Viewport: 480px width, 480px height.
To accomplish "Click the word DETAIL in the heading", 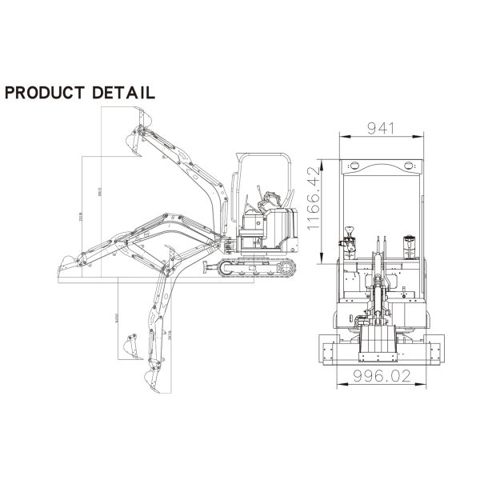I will tap(124, 93).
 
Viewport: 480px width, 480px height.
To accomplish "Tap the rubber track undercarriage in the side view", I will tap(258, 269).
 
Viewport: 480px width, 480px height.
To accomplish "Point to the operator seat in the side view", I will tap(269, 210).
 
